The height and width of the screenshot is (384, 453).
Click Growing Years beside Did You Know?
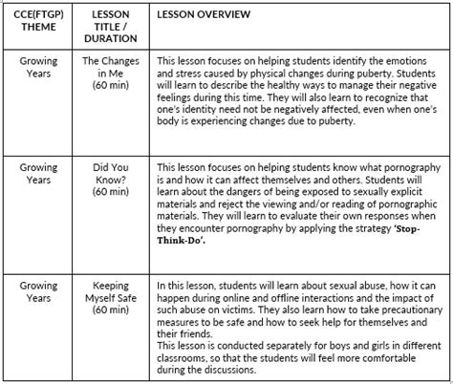click(39, 173)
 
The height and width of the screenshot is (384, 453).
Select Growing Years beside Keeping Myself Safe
click(39, 290)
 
